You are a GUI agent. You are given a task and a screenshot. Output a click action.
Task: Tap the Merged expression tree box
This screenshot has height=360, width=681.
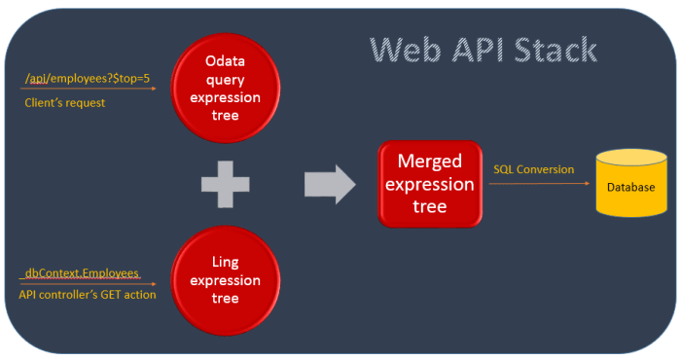click(x=429, y=183)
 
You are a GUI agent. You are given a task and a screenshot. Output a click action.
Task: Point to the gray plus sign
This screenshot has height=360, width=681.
click(x=226, y=181)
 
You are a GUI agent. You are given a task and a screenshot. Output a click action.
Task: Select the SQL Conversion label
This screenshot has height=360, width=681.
click(x=533, y=169)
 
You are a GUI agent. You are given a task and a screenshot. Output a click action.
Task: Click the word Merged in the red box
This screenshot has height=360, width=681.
click(x=429, y=161)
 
